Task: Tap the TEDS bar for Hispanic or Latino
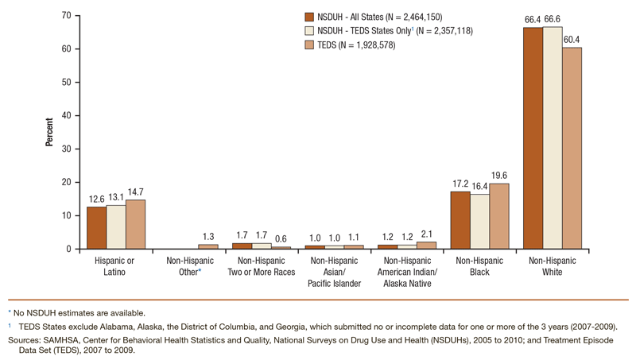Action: click(x=136, y=224)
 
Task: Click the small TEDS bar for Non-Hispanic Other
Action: click(x=208, y=246)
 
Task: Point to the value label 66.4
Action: click(x=532, y=20)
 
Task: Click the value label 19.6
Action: click(x=499, y=176)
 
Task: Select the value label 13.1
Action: click(x=116, y=198)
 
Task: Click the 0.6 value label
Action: click(x=281, y=239)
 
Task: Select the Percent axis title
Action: click(x=49, y=132)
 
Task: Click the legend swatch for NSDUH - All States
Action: click(x=308, y=16)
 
